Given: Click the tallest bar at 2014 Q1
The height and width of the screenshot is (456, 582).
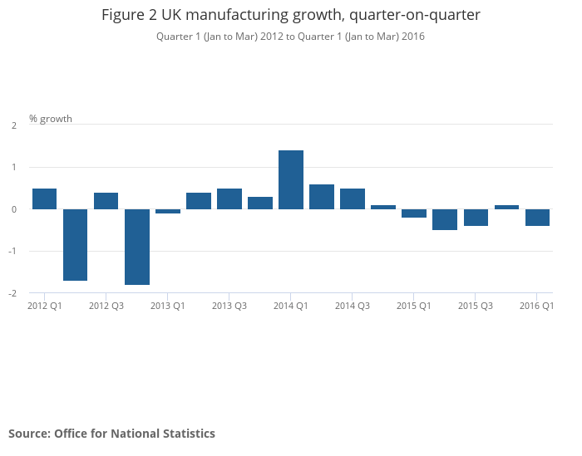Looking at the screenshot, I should tap(291, 179).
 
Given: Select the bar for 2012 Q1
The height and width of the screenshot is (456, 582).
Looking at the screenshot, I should tap(45, 199).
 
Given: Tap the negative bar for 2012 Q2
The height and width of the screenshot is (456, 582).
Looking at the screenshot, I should tap(76, 245).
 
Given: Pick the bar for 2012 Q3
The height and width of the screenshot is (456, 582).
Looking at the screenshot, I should tap(106, 201).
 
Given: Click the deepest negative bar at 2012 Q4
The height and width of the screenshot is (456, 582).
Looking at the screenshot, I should tap(137, 247).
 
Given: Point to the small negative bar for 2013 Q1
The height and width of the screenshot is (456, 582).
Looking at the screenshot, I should tap(168, 211).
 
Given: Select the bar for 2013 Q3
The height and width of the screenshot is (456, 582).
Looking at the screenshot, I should tap(229, 199).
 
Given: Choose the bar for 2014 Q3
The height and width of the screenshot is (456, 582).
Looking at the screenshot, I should tap(353, 199).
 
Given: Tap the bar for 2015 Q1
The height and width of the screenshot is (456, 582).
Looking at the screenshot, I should tap(414, 213).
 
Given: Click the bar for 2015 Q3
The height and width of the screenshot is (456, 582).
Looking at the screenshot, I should tap(476, 218).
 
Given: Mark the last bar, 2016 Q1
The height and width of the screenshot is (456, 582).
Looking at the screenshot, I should tap(537, 218).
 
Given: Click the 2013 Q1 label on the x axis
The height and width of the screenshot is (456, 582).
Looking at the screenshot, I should tap(168, 306).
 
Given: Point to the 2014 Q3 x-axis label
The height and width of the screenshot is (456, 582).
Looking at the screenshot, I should tap(353, 306).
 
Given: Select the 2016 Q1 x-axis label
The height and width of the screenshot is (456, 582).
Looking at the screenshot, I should tap(537, 306).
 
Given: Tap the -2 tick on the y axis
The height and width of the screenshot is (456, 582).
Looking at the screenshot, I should tap(13, 293).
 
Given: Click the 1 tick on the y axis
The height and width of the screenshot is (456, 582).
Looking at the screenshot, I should tap(14, 167).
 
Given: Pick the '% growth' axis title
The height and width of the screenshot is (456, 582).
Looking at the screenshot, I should tap(51, 119).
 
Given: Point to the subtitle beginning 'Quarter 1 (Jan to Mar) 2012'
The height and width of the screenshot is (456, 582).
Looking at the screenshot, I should tap(291, 37).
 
